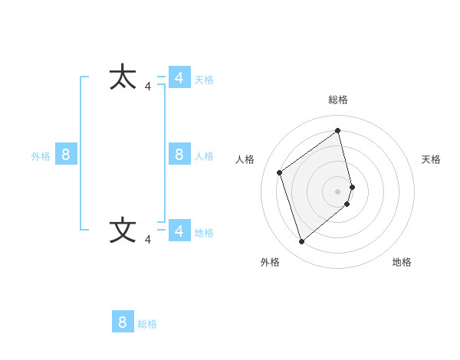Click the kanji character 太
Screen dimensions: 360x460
[123, 77]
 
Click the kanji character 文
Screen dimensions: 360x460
[123, 230]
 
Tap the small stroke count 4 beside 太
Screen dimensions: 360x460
[148, 87]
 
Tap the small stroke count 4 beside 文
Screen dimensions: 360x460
[148, 240]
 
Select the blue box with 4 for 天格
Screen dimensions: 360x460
[179, 77]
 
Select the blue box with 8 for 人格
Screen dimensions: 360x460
[179, 154]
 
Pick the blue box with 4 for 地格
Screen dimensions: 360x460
[179, 231]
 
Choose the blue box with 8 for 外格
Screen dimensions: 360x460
[66, 154]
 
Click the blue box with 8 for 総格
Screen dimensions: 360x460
[123, 322]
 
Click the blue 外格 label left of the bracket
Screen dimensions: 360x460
[41, 156]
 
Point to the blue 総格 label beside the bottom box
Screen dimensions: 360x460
[147, 324]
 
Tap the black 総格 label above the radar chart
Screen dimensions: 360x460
[338, 100]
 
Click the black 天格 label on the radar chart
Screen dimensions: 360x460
[431, 159]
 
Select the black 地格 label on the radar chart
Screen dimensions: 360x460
[402, 262]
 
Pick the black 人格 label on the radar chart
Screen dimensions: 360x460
[245, 159]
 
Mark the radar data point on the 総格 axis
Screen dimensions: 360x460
[338, 130]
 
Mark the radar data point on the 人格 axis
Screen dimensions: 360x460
[280, 172]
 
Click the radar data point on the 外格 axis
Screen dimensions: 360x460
[302, 242]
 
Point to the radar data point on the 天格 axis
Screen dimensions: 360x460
[353, 186]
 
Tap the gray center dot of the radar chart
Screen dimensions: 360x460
[338, 191]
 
